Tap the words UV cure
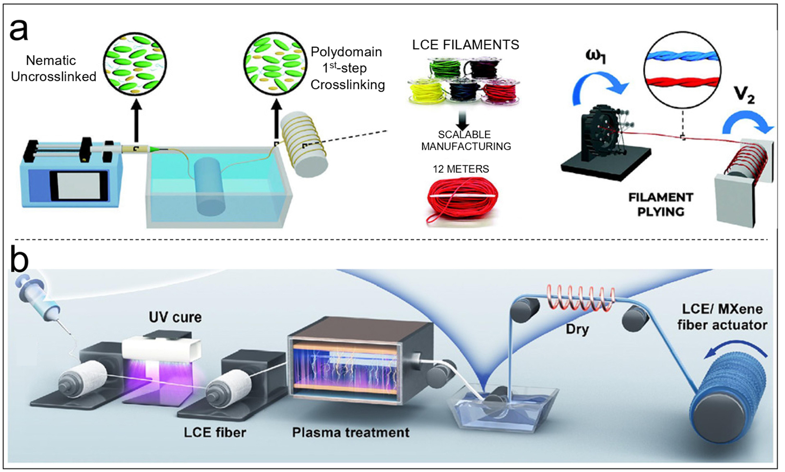point(175,317)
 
